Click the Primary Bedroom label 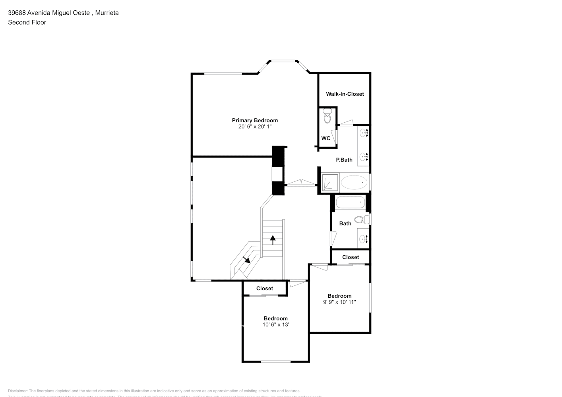255,120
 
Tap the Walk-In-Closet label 345,94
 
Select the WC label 326,138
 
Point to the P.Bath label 344,160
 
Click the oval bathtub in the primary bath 354,183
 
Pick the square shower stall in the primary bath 330,183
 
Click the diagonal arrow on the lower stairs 246,260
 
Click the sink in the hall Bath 364,239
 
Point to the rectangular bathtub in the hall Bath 350,203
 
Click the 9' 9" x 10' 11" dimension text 339,302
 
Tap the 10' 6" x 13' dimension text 275,325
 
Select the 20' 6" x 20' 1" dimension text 255,127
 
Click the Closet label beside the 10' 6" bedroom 265,289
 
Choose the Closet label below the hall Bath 351,257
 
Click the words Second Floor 27,22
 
